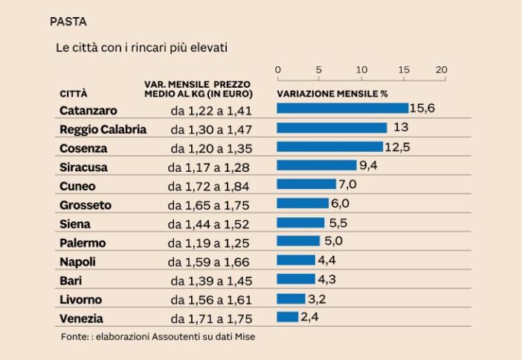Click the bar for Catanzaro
click(342, 109)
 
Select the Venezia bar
click(287, 317)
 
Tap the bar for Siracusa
click(316, 165)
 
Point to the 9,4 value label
click(368, 165)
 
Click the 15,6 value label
click(422, 109)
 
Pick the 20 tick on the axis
click(441, 70)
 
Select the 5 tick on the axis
click(319, 70)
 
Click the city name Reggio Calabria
click(103, 129)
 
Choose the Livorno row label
click(80, 300)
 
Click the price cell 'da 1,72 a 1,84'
click(208, 186)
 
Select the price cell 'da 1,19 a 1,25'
click(208, 243)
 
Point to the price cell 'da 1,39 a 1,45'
click(211, 281)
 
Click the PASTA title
click(68, 22)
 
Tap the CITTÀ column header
click(73, 94)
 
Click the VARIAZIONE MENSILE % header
click(332, 94)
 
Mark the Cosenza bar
click(329, 147)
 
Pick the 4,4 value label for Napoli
click(327, 260)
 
